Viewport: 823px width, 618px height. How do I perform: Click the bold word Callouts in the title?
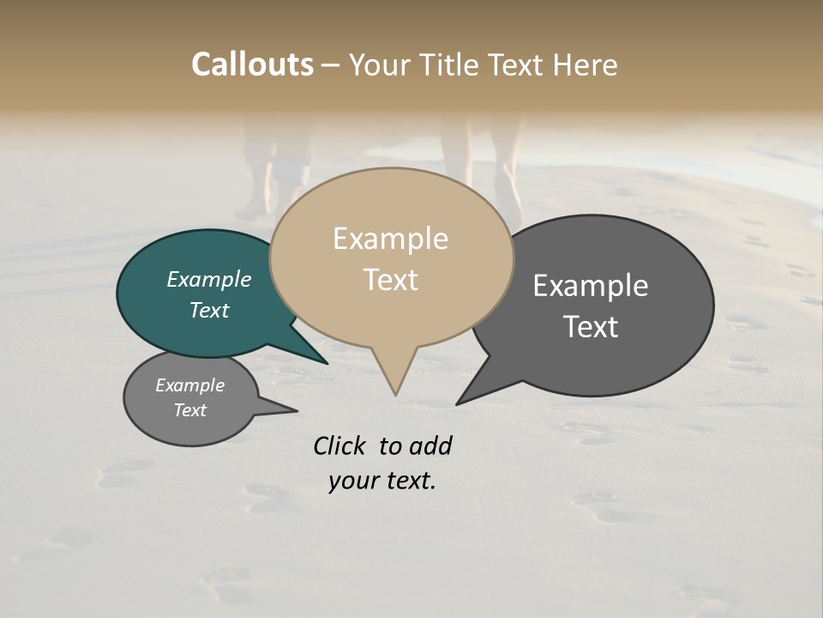(x=252, y=65)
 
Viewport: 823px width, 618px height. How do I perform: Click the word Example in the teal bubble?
(x=209, y=280)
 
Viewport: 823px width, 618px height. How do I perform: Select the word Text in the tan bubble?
(x=391, y=280)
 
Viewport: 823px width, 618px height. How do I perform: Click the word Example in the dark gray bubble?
(x=591, y=286)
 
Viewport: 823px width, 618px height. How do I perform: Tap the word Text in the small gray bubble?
(x=190, y=410)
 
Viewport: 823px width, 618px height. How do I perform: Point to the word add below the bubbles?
(x=430, y=445)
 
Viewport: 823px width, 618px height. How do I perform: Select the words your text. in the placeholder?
(x=382, y=481)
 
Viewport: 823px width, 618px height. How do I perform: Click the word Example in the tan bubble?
(x=391, y=239)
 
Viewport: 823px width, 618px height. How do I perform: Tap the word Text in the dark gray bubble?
(x=591, y=327)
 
